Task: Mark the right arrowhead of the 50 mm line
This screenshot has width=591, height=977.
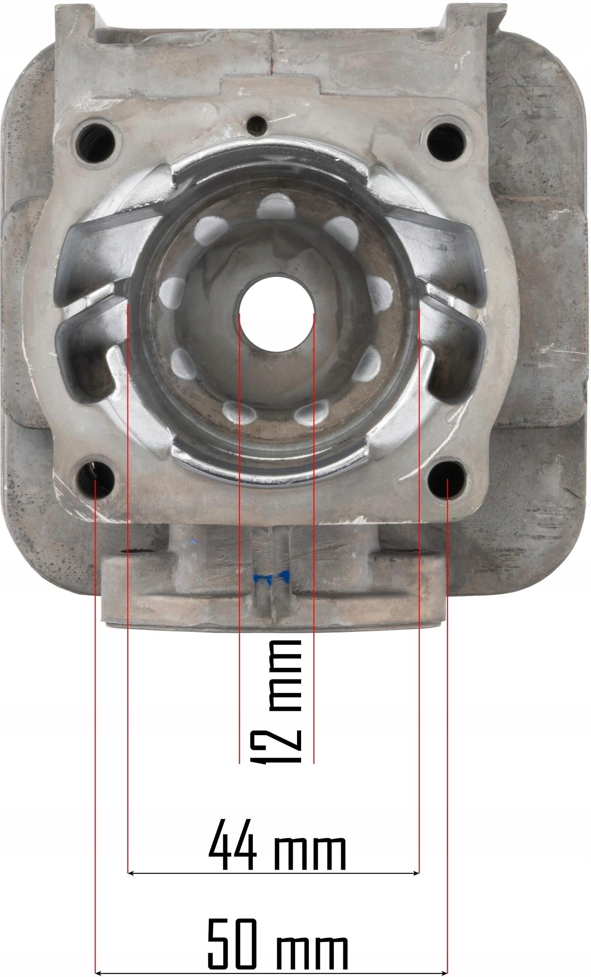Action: coord(445,971)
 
